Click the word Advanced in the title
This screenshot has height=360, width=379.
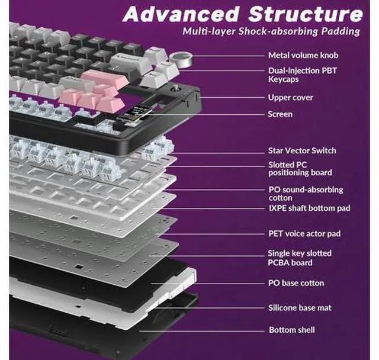(171, 14)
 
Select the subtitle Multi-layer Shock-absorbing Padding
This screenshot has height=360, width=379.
(272, 31)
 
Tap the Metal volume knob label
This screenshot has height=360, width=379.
(303, 56)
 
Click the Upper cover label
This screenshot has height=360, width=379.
(290, 97)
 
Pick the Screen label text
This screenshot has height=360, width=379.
(280, 114)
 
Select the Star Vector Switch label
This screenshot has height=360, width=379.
(301, 150)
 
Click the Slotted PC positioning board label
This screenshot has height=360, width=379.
(300, 168)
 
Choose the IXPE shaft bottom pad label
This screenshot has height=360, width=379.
(309, 208)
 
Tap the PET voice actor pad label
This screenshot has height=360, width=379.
(304, 233)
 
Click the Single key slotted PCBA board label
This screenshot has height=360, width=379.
(300, 258)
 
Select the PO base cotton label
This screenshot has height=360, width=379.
(296, 283)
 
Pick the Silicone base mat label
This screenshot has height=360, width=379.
(300, 307)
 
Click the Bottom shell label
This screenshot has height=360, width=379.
(291, 330)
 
